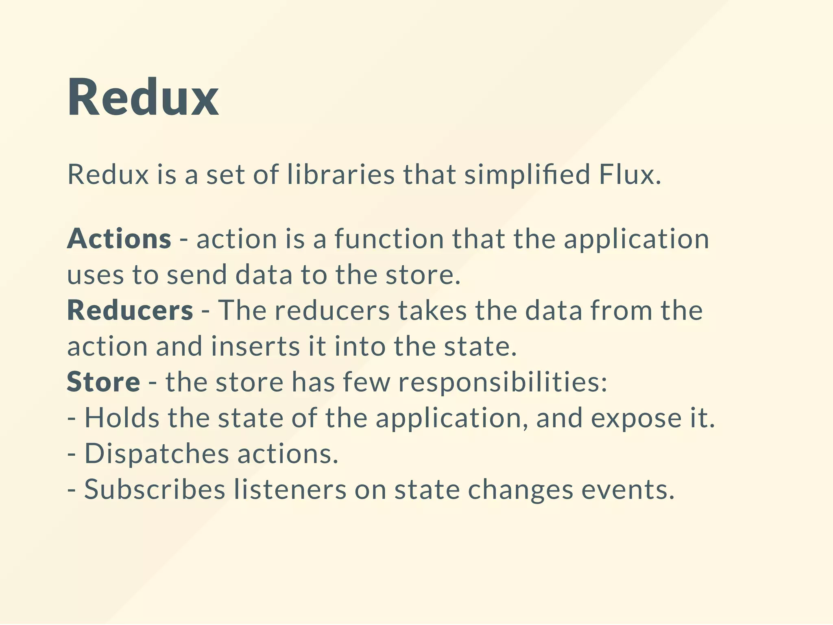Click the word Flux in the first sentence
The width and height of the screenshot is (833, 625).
pos(630,175)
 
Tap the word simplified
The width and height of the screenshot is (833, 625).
pos(527,175)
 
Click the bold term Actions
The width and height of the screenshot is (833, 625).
pos(119,239)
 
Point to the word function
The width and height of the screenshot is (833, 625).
pos(389,239)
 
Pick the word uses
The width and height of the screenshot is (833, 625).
pos(95,275)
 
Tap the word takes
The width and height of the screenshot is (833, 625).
pos(432,310)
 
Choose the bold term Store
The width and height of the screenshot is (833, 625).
pos(103,382)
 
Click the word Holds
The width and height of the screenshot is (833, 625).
pos(122,418)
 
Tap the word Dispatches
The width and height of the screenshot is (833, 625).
pos(157,454)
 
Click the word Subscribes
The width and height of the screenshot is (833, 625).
pos(155,490)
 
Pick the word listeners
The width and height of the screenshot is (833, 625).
pos(290,490)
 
